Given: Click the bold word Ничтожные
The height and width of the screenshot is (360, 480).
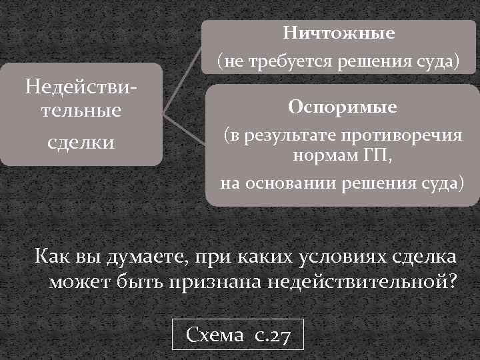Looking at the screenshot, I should click(x=339, y=33).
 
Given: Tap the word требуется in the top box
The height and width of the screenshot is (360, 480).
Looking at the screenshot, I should click(x=287, y=62).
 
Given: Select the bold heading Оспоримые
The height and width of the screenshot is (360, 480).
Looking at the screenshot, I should click(x=342, y=107).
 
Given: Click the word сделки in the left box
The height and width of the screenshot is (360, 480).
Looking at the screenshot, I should click(x=81, y=141).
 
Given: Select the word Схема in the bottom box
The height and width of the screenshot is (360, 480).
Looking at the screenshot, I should click(x=215, y=335).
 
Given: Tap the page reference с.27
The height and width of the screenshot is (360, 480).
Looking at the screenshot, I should click(x=272, y=335).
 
